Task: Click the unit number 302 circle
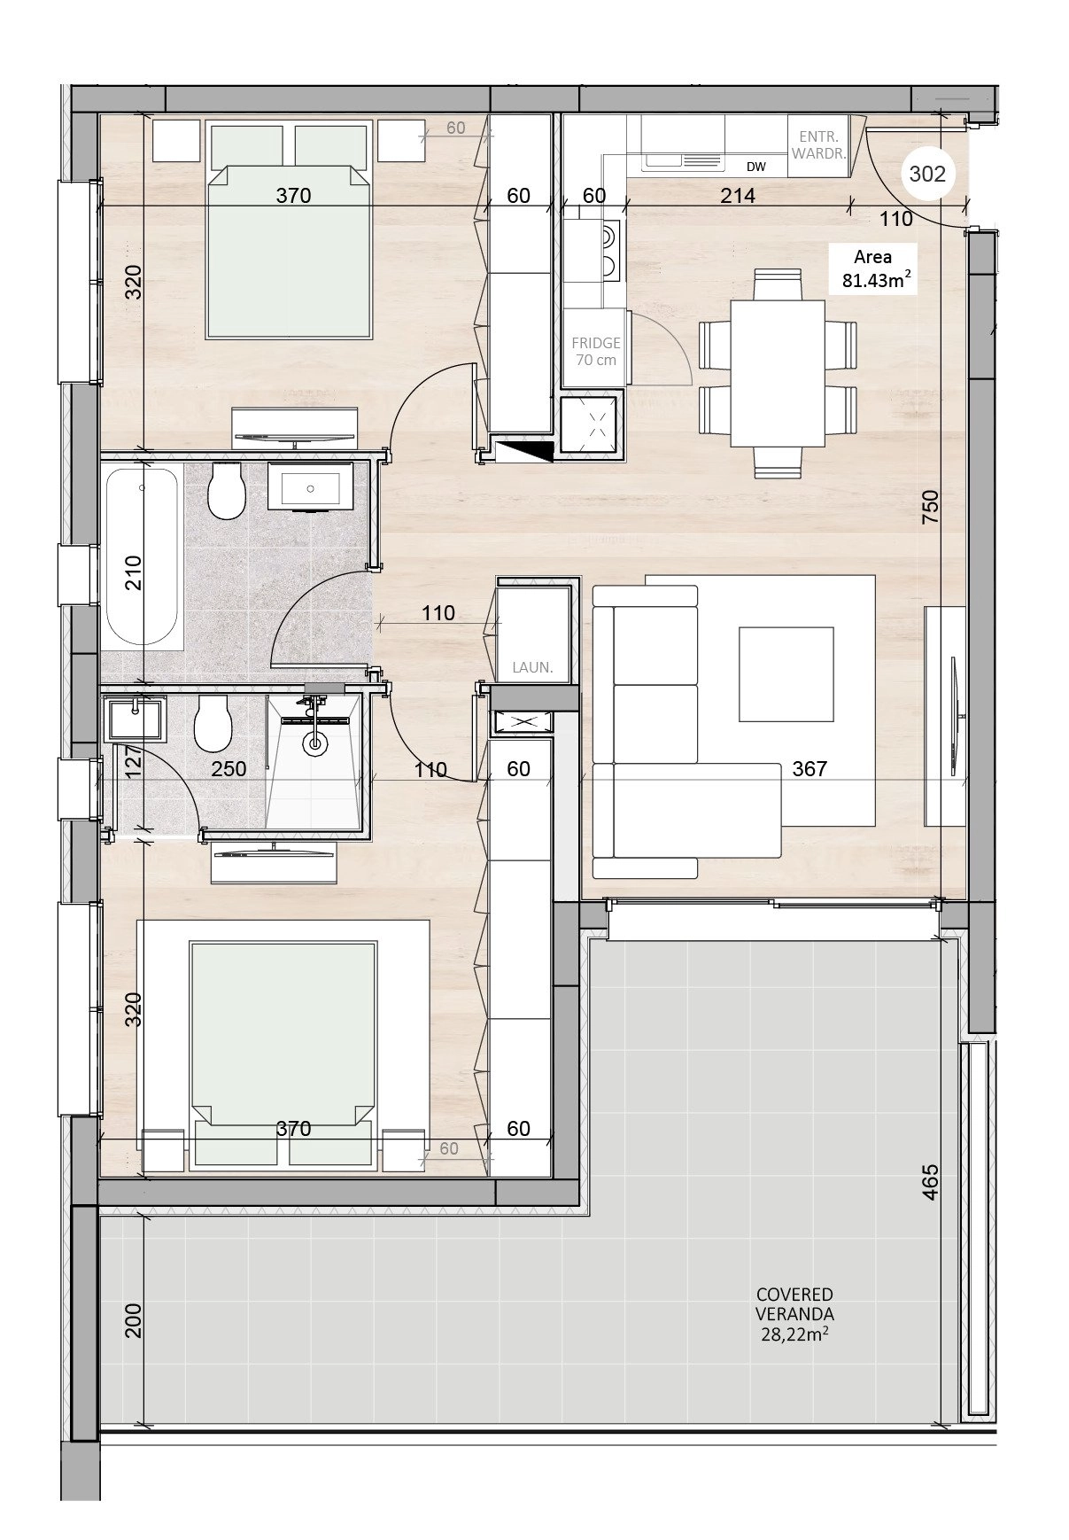point(927,174)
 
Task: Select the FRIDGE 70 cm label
point(596,351)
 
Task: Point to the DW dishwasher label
point(755,167)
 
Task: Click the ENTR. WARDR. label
point(819,144)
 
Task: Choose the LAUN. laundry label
point(532,667)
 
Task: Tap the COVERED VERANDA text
point(794,1304)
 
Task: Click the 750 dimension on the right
point(929,508)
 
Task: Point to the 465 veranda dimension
point(929,1182)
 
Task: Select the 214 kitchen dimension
point(737,195)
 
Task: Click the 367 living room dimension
point(809,768)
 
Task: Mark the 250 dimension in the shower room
point(229,768)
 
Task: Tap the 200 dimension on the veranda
point(133,1320)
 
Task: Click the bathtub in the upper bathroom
point(143,556)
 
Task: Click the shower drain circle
point(314,743)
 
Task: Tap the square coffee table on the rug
point(786,674)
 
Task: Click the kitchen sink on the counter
point(684,160)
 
